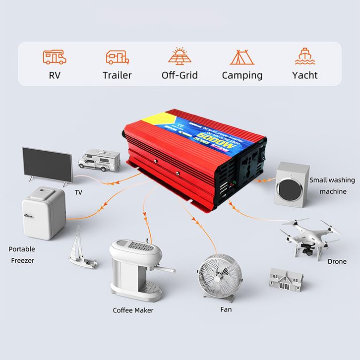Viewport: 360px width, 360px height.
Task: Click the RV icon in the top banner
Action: tap(55, 57)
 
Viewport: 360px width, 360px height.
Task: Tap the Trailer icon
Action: tap(117, 57)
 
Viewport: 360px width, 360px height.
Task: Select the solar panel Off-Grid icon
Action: tap(180, 56)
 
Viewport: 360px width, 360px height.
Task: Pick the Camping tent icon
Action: tap(242, 57)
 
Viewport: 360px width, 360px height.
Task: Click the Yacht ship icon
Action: tap(305, 57)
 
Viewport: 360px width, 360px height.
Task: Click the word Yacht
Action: tap(305, 75)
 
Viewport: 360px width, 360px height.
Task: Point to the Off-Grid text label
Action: tap(180, 75)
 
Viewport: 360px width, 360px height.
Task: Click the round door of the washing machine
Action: tap(287, 189)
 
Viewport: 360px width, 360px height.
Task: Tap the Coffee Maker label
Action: tap(133, 310)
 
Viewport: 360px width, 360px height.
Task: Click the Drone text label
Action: tap(337, 261)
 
